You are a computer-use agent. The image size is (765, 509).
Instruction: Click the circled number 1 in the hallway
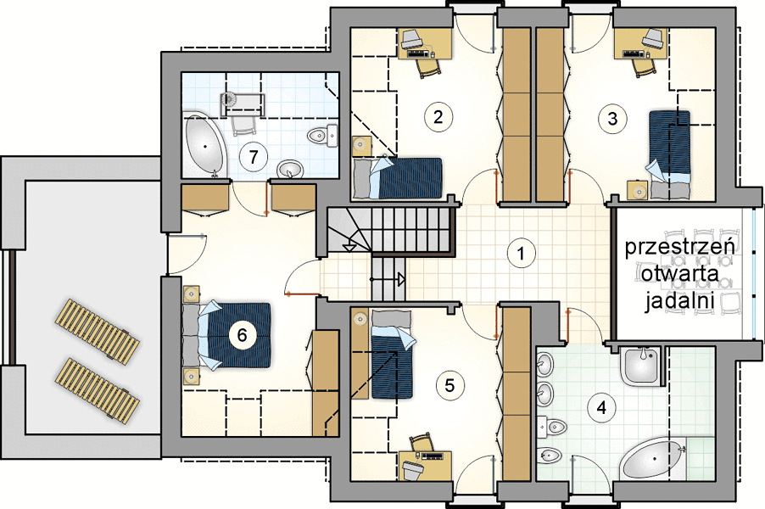tap(522, 254)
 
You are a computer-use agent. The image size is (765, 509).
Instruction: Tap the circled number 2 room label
tap(438, 117)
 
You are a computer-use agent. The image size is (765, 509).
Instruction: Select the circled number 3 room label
tap(613, 119)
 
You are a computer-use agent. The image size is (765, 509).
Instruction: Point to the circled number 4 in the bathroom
tap(601, 407)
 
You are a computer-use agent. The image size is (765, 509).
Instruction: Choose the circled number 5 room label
tap(450, 385)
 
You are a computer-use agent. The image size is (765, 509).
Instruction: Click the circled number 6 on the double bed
tap(242, 335)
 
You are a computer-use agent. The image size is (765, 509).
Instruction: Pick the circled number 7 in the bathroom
tap(253, 157)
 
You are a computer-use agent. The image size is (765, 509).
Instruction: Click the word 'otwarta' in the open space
tap(679, 273)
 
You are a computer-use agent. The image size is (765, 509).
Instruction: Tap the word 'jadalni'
tap(679, 300)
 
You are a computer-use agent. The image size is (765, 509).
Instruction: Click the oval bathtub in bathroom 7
tap(204, 145)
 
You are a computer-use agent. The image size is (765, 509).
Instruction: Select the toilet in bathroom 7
tap(323, 135)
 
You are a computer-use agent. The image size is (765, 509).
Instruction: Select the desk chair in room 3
tap(645, 67)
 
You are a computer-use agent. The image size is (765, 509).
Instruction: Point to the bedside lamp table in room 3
tap(638, 190)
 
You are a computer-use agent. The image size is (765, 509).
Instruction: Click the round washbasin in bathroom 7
tap(290, 171)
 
